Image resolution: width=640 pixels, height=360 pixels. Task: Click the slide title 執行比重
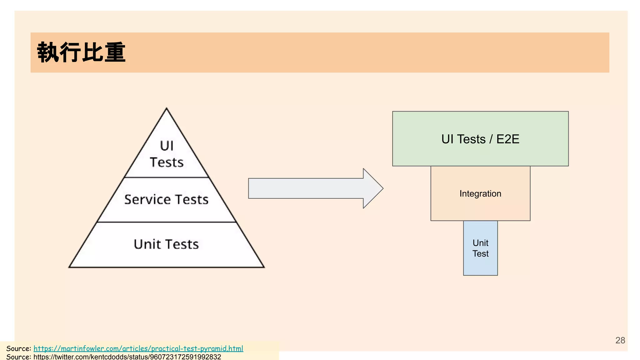(x=81, y=52)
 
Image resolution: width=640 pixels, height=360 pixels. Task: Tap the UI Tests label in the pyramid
(x=167, y=154)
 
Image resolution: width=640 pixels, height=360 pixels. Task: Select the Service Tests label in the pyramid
(x=166, y=199)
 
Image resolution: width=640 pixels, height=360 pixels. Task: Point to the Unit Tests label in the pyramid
(x=166, y=244)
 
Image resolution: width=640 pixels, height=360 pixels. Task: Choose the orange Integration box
(x=480, y=206)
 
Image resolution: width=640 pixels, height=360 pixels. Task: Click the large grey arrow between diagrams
(x=312, y=188)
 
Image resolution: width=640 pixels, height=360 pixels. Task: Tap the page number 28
(x=620, y=340)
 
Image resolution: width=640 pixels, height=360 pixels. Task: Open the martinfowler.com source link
(x=138, y=348)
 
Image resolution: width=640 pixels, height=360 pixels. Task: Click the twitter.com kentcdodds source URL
(x=127, y=357)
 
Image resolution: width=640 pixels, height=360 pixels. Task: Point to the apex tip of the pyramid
(x=167, y=109)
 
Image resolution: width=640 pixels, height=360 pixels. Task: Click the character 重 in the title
(x=115, y=52)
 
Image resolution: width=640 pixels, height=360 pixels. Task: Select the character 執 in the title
(x=47, y=52)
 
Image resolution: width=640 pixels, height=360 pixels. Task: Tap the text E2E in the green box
(x=508, y=139)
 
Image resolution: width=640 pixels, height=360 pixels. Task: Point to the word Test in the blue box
(x=480, y=254)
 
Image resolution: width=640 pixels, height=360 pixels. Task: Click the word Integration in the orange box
(x=480, y=194)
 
